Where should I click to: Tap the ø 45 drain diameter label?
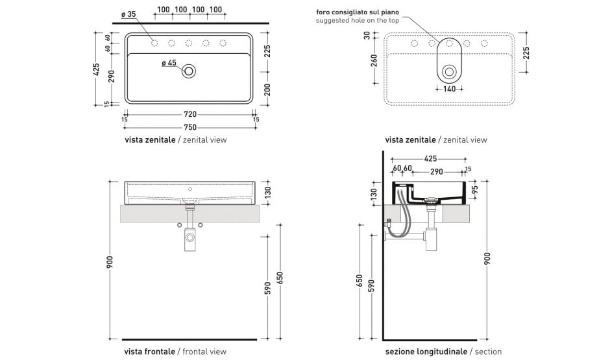[x=168, y=63]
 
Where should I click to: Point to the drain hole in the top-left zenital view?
[x=189, y=71]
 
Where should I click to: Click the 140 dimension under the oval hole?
[x=449, y=90]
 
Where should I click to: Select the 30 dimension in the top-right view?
[x=367, y=36]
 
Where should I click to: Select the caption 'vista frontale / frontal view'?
[x=175, y=352]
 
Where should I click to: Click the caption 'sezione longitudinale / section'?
[x=443, y=352]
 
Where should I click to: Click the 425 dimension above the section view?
[x=430, y=158]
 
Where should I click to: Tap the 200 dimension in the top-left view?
[x=267, y=90]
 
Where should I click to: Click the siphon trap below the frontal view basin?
[x=189, y=239]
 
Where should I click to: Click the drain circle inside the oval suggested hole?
[x=449, y=71]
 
